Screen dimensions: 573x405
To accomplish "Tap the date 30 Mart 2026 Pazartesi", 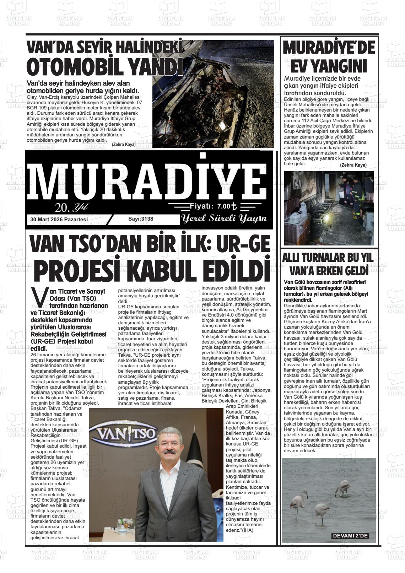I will [x=59, y=220].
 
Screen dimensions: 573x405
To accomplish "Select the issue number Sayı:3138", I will [x=141, y=219].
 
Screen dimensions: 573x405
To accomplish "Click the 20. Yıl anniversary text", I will [x=71, y=207].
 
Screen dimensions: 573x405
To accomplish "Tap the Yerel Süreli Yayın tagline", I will [x=224, y=218].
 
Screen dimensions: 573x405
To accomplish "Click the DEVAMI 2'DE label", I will [x=350, y=536].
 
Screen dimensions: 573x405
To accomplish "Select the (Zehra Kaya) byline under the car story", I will [x=124, y=145].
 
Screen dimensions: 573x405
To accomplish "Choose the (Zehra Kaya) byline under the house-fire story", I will [x=353, y=165].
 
